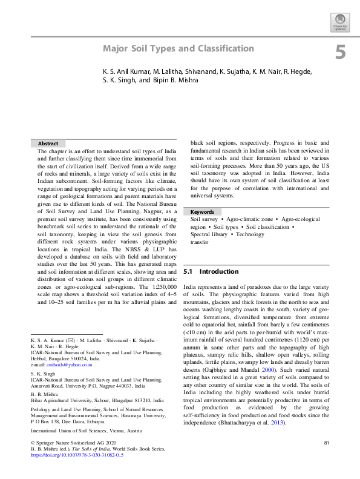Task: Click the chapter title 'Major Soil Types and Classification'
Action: tap(178, 48)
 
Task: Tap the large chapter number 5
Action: tap(341, 53)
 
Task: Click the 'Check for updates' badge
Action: tap(340, 24)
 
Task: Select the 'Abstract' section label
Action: tap(48, 144)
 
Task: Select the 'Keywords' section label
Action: tap(202, 212)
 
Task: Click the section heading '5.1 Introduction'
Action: tap(211, 272)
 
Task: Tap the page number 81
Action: tap(326, 443)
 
